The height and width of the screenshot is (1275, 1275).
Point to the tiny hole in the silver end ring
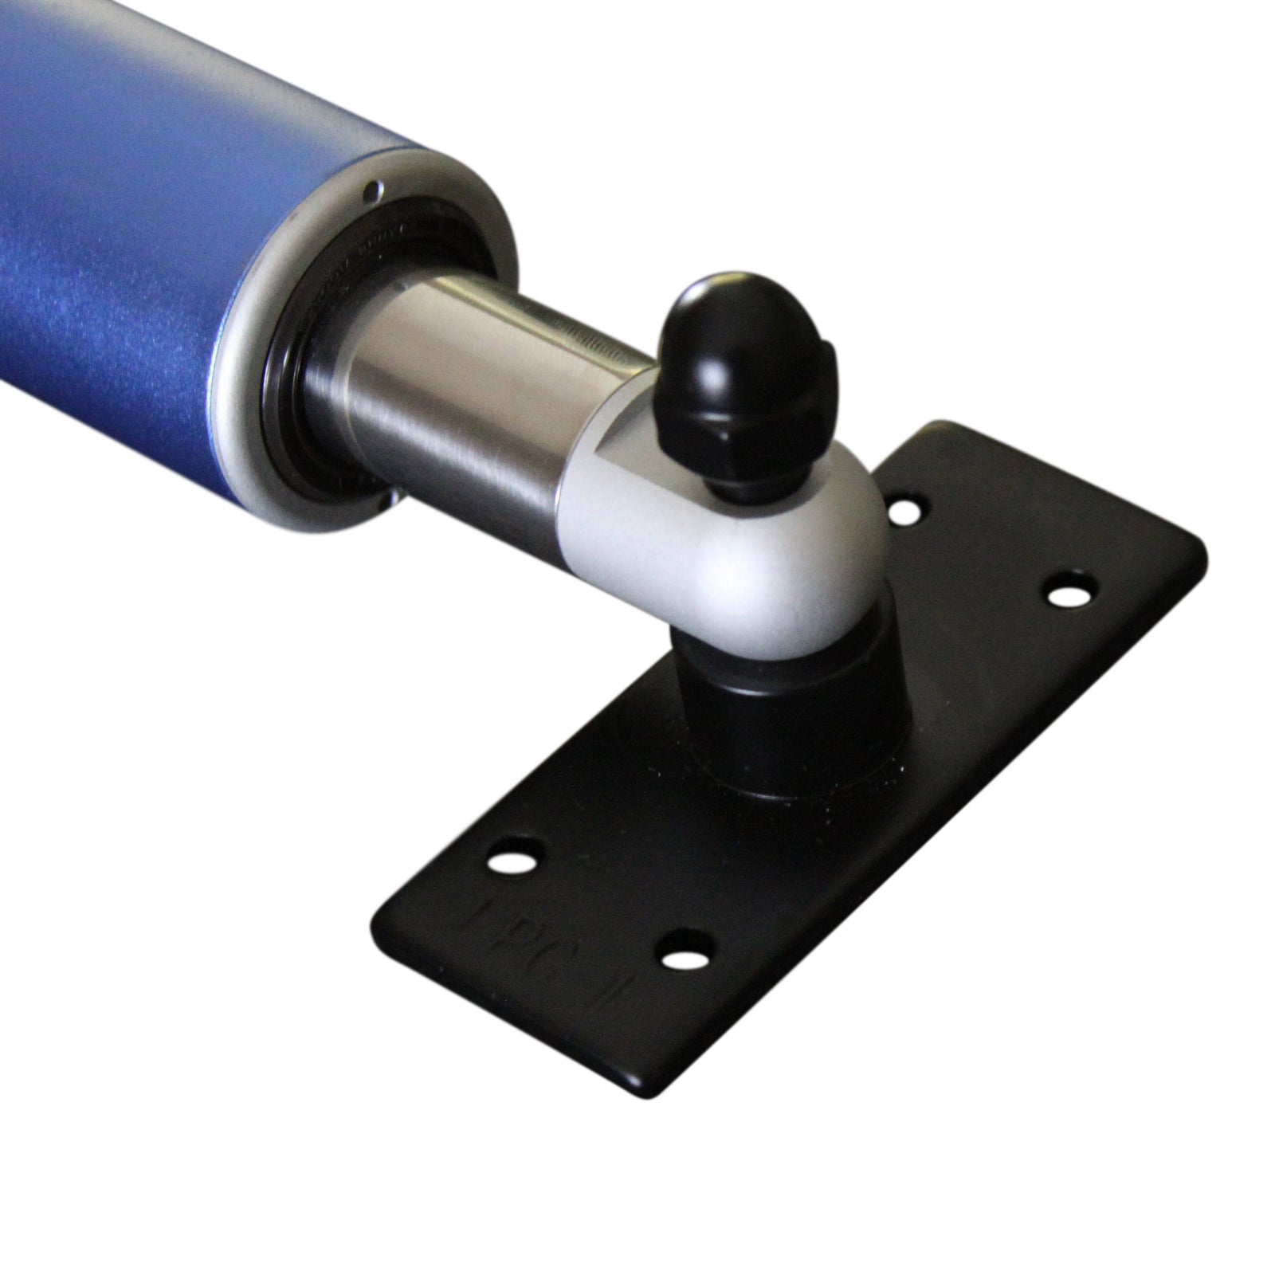pyautogui.click(x=371, y=190)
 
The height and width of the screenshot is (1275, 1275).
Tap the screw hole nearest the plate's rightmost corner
pyautogui.click(x=1069, y=594)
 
